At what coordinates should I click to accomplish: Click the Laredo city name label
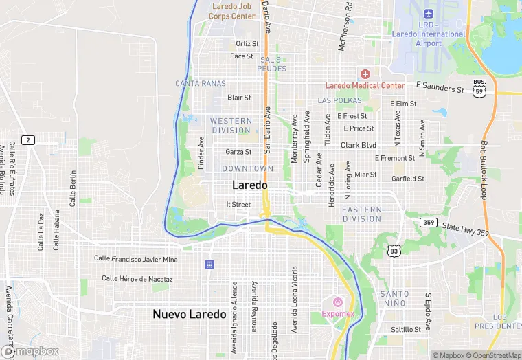tap(250, 185)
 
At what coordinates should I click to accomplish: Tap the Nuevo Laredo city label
tap(189, 314)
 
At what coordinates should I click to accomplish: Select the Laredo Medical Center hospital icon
tap(365, 74)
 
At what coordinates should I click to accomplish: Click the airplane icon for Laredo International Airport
tap(429, 14)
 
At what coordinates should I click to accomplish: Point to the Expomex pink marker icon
tap(337, 302)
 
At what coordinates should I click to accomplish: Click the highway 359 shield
tap(428, 223)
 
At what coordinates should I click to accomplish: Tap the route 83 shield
tap(394, 251)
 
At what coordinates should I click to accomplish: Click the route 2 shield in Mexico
tap(27, 140)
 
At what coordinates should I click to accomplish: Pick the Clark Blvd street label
tap(359, 146)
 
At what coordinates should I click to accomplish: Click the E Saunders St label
tap(440, 88)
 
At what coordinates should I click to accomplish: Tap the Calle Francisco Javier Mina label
tap(136, 259)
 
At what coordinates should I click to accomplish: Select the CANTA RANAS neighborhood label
tap(201, 84)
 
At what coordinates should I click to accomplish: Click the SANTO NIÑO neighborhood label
tap(394, 298)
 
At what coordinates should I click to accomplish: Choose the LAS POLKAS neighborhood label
tap(339, 100)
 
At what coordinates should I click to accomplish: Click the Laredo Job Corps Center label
tap(231, 11)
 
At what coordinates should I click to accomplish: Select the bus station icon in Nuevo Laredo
tap(209, 265)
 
